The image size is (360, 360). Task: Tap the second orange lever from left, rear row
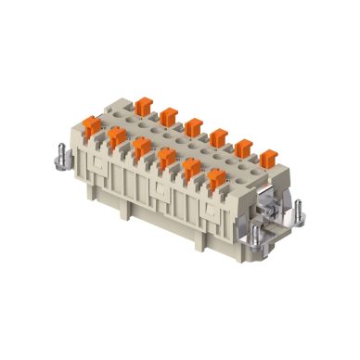click(x=169, y=117)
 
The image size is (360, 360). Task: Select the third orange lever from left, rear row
click(x=193, y=127)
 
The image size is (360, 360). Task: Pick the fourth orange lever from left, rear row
click(x=218, y=137)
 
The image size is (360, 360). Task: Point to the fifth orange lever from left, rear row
click(x=244, y=148)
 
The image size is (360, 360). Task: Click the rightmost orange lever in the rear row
click(x=267, y=159)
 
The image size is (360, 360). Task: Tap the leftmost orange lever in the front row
click(x=92, y=125)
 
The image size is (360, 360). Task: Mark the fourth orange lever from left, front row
click(x=166, y=159)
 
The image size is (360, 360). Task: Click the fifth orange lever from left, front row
click(x=191, y=169)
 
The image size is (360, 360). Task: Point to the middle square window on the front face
click(x=160, y=192)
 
